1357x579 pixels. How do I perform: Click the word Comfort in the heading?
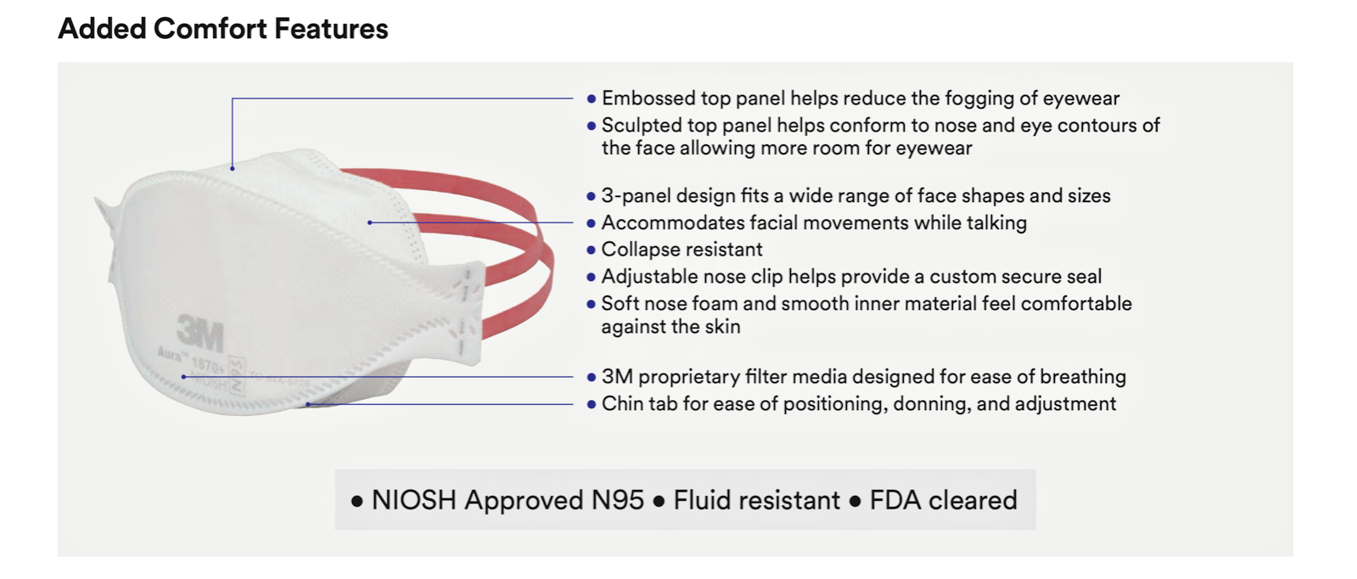point(210,29)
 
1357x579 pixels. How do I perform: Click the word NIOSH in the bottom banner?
point(414,500)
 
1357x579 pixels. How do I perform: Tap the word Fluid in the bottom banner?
point(703,500)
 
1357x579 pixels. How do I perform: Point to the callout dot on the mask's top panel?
point(232,169)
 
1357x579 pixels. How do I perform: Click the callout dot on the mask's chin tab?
point(308,404)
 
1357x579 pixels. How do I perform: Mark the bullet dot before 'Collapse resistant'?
point(592,250)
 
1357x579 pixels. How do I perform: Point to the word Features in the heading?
point(331,29)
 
